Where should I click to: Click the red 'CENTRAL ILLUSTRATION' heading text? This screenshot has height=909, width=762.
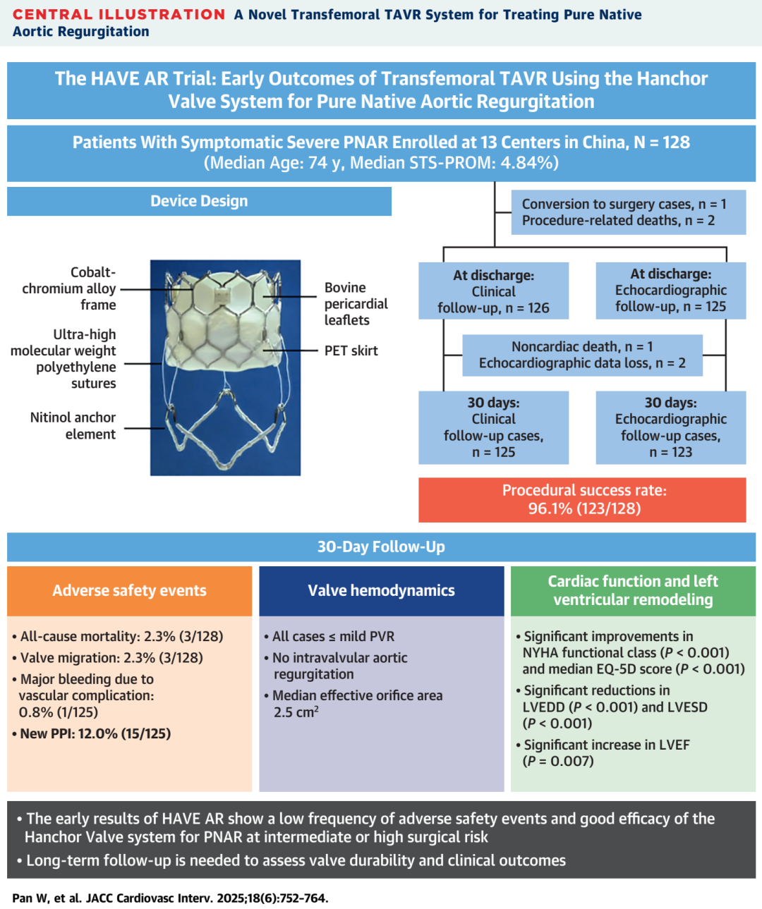pyautogui.click(x=119, y=15)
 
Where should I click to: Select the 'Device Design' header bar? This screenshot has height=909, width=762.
pyautogui.click(x=199, y=202)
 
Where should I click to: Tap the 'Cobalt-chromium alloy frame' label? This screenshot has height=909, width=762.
pyautogui.click(x=70, y=288)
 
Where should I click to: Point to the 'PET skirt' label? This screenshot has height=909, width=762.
pyautogui.click(x=351, y=350)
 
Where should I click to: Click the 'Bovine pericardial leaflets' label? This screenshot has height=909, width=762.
pyautogui.click(x=356, y=304)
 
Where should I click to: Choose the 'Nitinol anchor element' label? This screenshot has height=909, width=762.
pyautogui.click(x=73, y=426)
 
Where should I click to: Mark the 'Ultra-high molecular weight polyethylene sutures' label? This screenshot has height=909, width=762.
pyautogui.click(x=64, y=359)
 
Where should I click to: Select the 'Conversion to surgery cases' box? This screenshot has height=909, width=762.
pyautogui.click(x=624, y=212)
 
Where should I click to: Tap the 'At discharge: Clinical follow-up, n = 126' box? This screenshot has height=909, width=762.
pyautogui.click(x=493, y=291)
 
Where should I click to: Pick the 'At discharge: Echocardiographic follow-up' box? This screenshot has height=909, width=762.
pyautogui.click(x=670, y=291)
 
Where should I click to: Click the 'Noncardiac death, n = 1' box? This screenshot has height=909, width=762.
pyautogui.click(x=582, y=355)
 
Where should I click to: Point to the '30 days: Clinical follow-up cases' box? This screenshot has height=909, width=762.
pyautogui.click(x=493, y=427)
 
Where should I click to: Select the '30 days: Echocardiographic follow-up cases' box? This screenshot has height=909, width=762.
pyautogui.click(x=670, y=427)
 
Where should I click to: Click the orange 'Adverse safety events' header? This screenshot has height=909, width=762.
pyautogui.click(x=129, y=591)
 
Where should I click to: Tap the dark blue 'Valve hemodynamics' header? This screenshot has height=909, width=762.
pyautogui.click(x=381, y=591)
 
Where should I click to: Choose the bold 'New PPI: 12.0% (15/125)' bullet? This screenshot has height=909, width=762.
pyautogui.click(x=95, y=733)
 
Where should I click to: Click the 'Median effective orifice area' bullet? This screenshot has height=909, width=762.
pyautogui.click(x=357, y=703)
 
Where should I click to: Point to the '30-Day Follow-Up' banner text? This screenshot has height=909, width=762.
pyautogui.click(x=381, y=547)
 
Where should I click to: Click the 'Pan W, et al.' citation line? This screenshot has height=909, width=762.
pyautogui.click(x=170, y=898)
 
